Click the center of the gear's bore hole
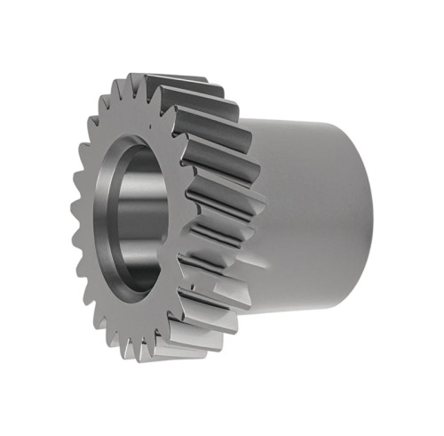coord(140,219)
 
